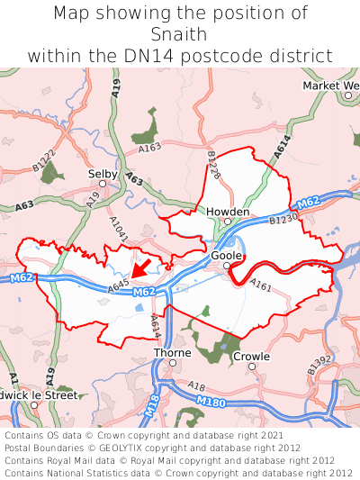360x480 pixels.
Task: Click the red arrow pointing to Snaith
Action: [139, 267]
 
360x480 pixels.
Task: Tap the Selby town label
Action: [102, 172]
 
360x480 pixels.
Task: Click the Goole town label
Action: [227, 255]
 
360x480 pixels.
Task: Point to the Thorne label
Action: [172, 353]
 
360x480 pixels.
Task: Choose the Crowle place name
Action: [251, 356]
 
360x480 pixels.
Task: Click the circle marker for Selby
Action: [103, 184]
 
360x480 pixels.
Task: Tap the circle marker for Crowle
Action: [252, 367]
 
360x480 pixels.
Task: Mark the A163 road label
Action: [150, 147]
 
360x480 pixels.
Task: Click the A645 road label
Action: [119, 286]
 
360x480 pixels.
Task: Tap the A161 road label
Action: [261, 286]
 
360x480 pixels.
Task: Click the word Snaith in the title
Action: [180, 34]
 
